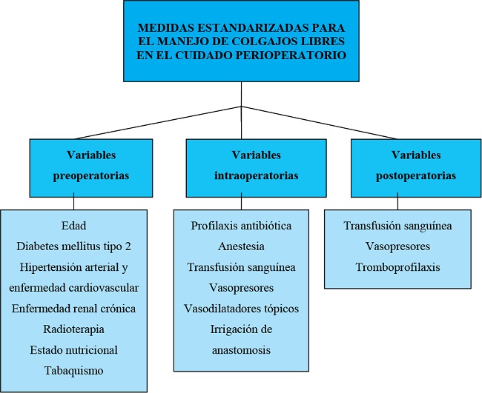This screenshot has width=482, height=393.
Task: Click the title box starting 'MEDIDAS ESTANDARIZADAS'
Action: click(x=241, y=41)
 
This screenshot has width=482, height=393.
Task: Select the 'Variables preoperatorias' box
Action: click(x=91, y=166)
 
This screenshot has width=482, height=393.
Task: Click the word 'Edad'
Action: click(x=74, y=225)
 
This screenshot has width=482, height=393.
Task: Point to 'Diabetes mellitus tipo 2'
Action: click(x=74, y=246)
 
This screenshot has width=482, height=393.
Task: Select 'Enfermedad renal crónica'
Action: click(x=74, y=308)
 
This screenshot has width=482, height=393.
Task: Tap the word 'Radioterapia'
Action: click(x=74, y=329)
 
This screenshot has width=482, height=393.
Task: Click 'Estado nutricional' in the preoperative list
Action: click(x=74, y=349)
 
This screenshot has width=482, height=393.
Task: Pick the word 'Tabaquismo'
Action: click(x=74, y=370)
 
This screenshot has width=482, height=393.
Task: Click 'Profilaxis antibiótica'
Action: click(x=241, y=225)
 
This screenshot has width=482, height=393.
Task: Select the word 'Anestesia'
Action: click(x=241, y=246)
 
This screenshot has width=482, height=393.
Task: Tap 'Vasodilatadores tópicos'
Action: click(x=241, y=308)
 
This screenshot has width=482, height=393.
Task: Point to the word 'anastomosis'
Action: click(x=241, y=349)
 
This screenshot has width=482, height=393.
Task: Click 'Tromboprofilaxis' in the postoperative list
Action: click(x=397, y=267)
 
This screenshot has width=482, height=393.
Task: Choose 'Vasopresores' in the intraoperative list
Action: click(x=241, y=287)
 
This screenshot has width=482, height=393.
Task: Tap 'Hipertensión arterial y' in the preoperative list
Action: click(x=74, y=266)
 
